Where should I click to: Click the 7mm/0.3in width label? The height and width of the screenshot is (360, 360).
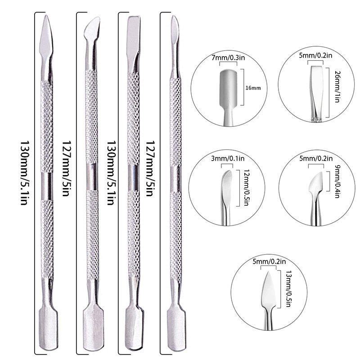point(228,58)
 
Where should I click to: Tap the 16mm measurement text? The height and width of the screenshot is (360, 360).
point(253,88)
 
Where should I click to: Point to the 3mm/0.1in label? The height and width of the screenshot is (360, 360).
point(228,158)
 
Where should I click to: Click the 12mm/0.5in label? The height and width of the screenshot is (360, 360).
point(246,187)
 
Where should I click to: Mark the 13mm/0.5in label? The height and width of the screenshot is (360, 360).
point(288,288)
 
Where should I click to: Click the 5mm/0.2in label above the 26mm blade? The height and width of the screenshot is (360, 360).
point(315,55)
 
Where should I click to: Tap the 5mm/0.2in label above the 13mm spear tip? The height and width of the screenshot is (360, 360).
point(269,261)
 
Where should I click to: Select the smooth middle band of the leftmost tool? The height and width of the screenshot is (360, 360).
point(47,186)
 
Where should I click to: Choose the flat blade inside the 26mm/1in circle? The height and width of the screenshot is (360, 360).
point(317,91)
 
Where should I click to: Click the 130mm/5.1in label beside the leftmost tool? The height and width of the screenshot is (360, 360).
point(24,173)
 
